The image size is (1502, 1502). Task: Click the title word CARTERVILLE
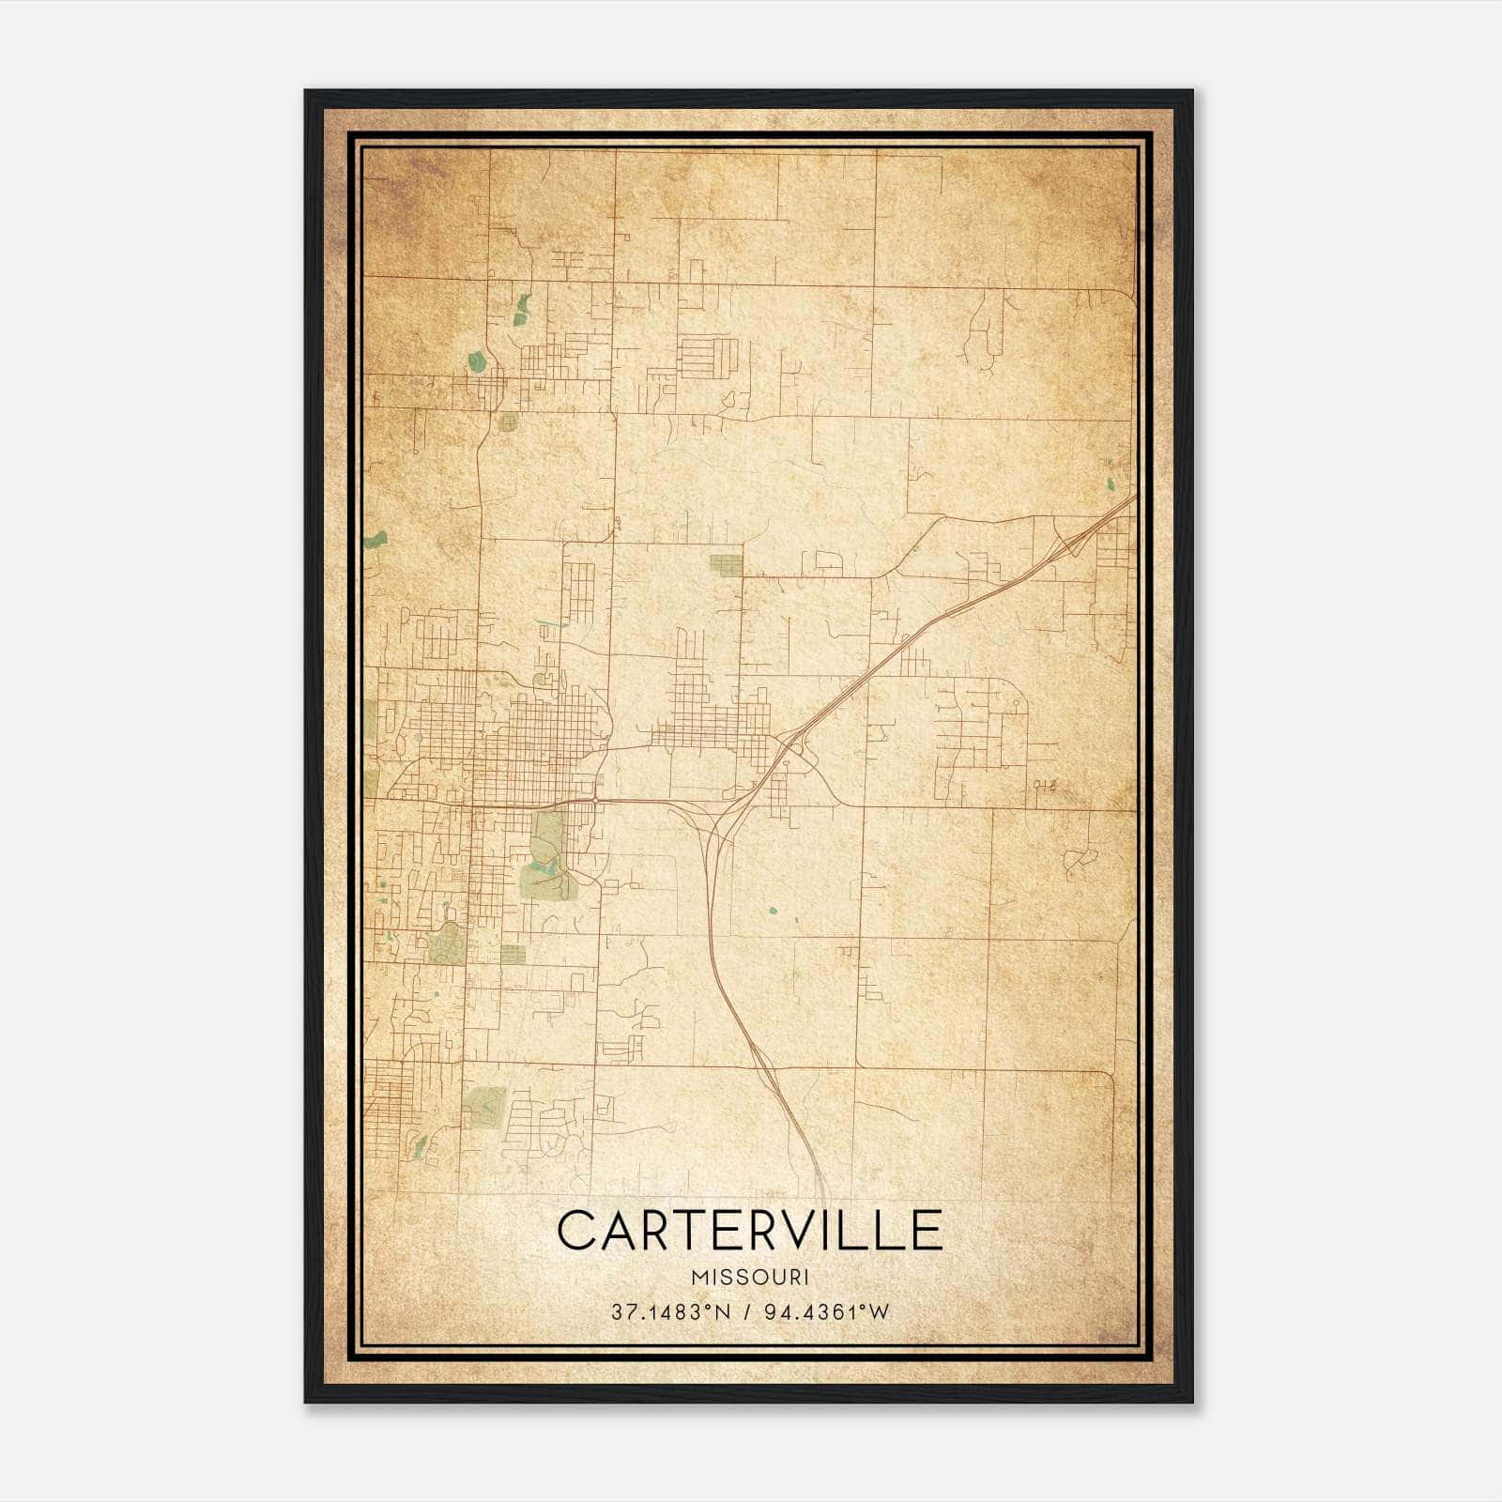[749, 1230]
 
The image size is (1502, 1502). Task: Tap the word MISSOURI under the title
[749, 1278]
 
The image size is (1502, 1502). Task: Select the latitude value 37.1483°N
[670, 1312]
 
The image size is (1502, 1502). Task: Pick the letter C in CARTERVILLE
[577, 1230]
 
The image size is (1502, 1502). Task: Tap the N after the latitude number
[721, 1312]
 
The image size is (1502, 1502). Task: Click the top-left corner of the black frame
[307, 92]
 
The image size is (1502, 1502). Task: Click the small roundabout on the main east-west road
[596, 799]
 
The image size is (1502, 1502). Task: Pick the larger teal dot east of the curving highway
[773, 910]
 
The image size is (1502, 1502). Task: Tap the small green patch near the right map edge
[1111, 484]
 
